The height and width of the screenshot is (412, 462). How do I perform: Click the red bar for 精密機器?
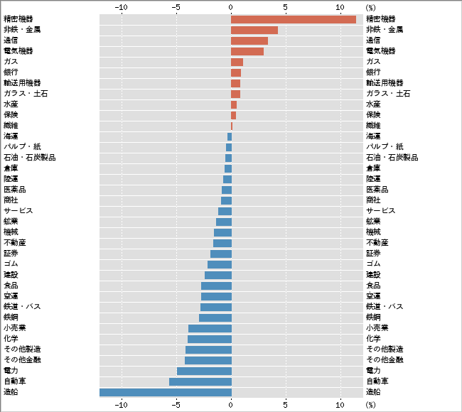[x=293, y=19]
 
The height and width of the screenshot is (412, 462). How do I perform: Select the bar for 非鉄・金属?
[x=254, y=30]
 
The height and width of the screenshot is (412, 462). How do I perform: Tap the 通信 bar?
[x=249, y=40]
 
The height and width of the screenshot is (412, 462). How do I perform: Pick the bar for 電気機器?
[x=247, y=51]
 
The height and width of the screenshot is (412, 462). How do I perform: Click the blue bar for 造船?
[x=165, y=392]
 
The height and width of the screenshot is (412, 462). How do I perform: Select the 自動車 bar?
[x=200, y=381]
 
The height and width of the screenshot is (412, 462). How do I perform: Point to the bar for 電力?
[x=204, y=371]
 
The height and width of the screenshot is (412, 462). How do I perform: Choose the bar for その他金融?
[x=208, y=360]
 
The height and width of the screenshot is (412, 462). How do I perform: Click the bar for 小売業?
[x=210, y=328]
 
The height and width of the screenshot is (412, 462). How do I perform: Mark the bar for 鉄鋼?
[x=215, y=318]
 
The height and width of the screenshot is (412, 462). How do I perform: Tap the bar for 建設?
[x=217, y=275]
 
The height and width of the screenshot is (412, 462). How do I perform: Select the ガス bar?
[x=237, y=62]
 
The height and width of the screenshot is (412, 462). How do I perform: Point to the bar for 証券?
[x=220, y=254]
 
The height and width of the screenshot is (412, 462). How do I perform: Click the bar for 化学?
[x=209, y=339]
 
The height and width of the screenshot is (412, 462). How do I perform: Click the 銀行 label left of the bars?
[x=11, y=72]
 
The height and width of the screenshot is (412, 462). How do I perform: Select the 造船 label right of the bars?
[x=373, y=392]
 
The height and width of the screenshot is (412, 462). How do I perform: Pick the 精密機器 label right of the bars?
[x=380, y=19]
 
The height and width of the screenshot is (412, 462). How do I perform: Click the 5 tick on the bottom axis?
[x=285, y=405]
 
